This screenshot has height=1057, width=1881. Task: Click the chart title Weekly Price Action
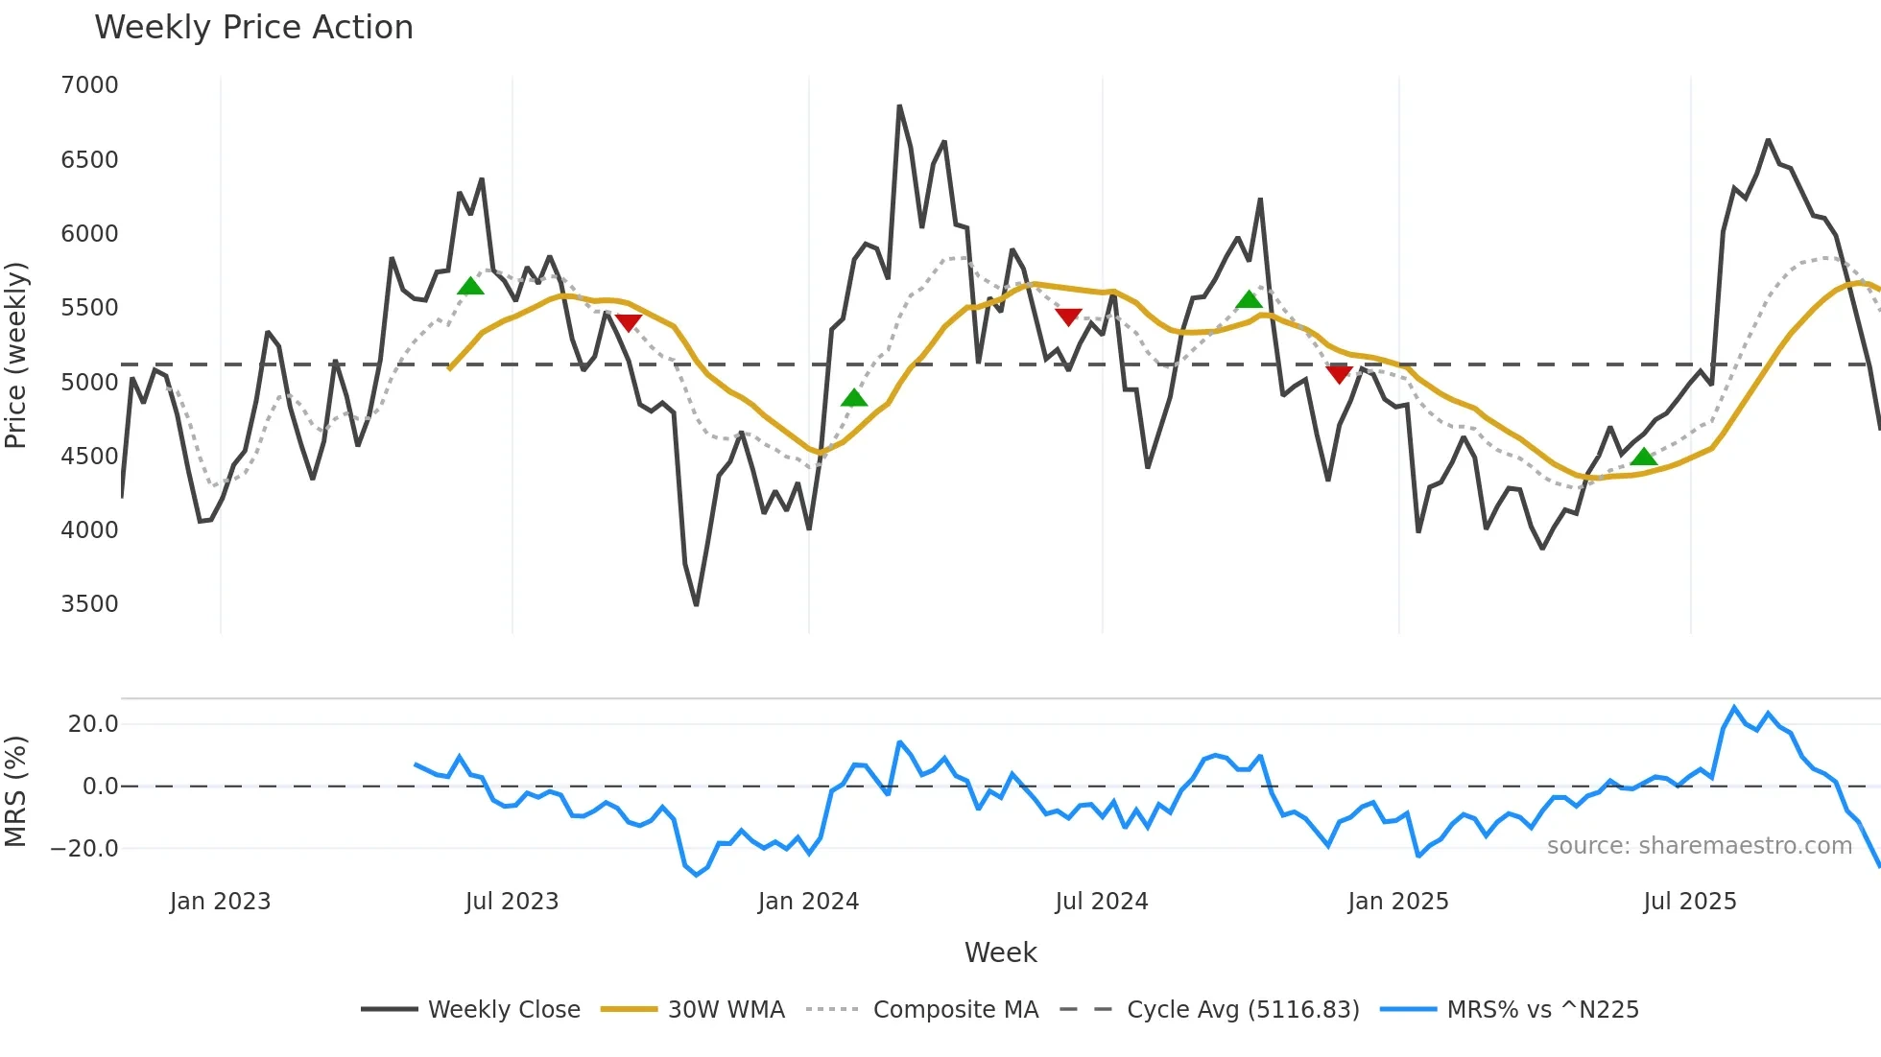point(253,28)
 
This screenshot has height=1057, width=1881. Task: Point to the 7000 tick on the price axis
point(89,85)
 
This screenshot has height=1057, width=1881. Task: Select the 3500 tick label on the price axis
point(89,604)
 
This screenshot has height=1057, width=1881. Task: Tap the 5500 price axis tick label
point(89,308)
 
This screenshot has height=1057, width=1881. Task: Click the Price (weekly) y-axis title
point(16,355)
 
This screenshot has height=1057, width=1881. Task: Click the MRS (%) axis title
point(16,791)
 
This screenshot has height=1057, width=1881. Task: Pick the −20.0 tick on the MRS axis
point(84,849)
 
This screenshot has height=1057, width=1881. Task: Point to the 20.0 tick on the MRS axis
point(93,724)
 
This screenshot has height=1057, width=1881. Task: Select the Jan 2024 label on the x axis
point(808,902)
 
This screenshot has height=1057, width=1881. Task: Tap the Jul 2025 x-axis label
point(1689,902)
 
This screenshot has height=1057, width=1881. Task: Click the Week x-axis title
point(1000,952)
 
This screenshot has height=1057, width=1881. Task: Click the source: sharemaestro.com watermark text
point(1699,846)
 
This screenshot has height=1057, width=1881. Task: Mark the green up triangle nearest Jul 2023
point(470,286)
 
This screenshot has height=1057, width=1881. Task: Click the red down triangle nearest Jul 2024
point(1068,317)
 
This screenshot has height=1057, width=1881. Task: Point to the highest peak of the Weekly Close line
point(899,106)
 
